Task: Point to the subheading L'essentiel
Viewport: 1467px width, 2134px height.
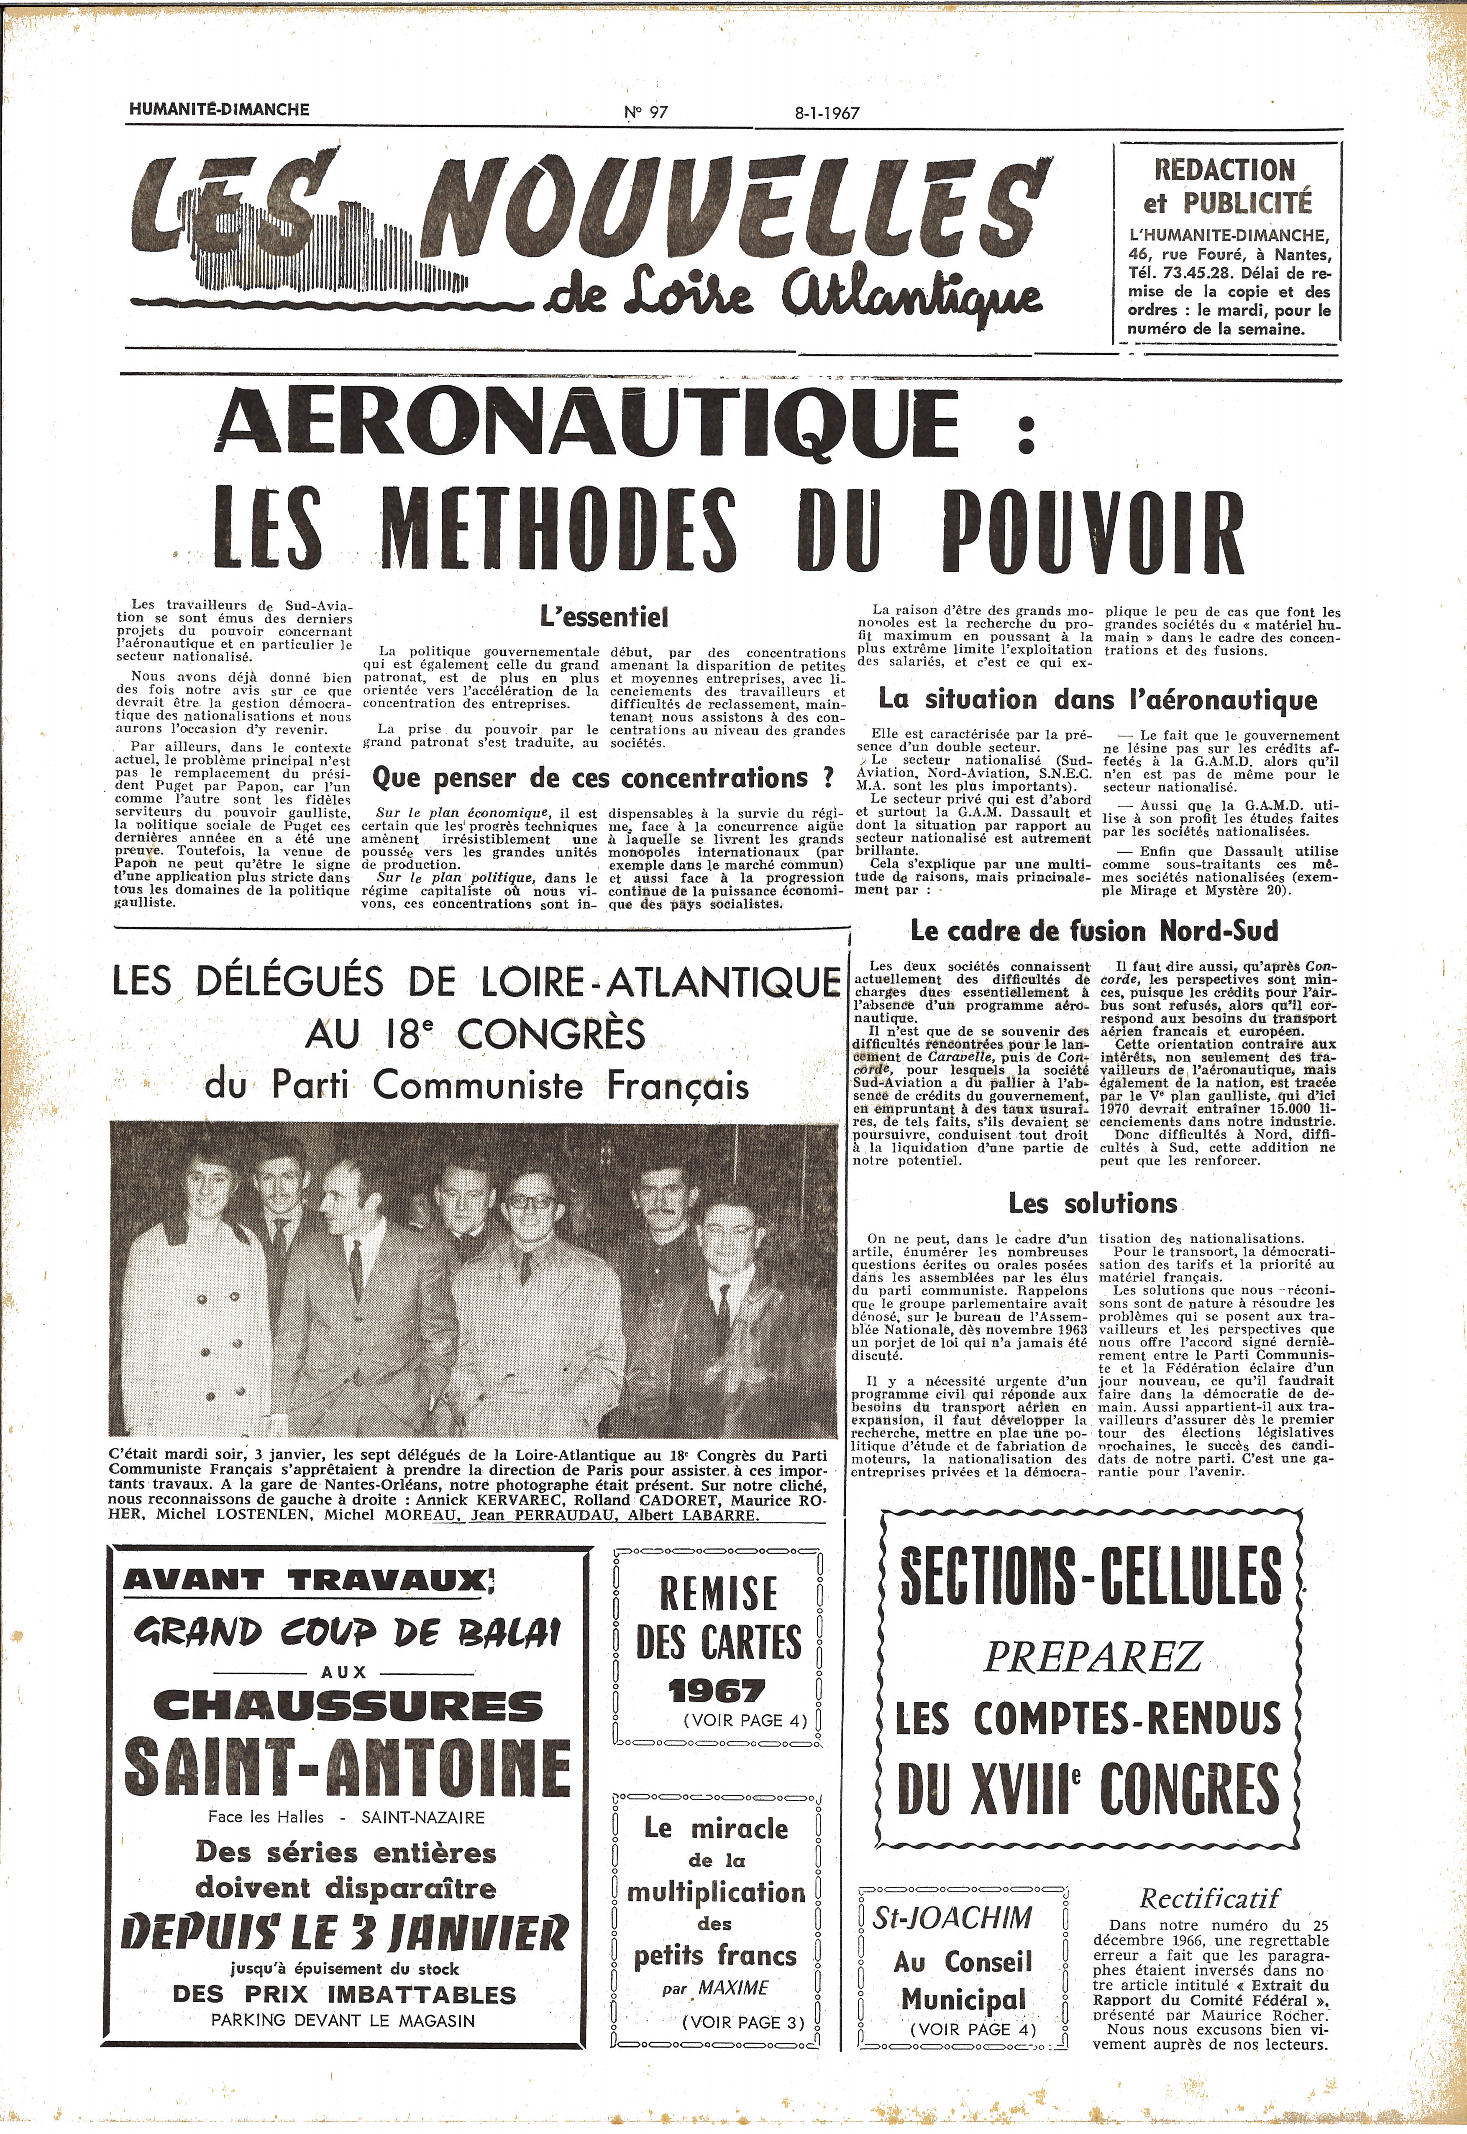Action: click(x=604, y=617)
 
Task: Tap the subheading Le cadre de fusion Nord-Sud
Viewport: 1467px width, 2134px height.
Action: click(x=1094, y=931)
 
